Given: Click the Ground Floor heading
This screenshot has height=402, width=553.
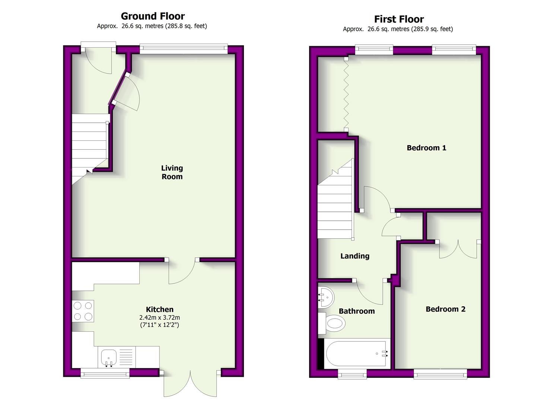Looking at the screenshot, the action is click(153, 16).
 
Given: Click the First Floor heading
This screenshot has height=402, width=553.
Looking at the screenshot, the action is click(399, 19).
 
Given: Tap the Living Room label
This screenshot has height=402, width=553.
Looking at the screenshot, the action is click(172, 172).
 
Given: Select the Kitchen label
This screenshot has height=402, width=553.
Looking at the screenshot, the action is click(160, 309).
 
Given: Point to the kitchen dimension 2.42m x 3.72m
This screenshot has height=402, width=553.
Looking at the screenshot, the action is click(160, 318).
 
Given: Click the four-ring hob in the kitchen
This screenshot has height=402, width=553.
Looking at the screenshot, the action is click(83, 311).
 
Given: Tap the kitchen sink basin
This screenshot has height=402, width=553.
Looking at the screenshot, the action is click(109, 358).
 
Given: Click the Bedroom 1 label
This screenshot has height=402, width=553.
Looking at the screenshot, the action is click(426, 148).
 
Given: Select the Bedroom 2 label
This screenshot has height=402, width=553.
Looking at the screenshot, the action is click(445, 309).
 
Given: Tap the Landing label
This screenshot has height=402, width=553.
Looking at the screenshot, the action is click(355, 256).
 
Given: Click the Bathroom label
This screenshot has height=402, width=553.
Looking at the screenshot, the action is click(357, 311).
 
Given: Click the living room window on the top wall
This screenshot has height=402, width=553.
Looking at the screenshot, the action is click(184, 49).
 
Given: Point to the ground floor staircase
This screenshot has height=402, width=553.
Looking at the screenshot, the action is click(90, 148).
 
